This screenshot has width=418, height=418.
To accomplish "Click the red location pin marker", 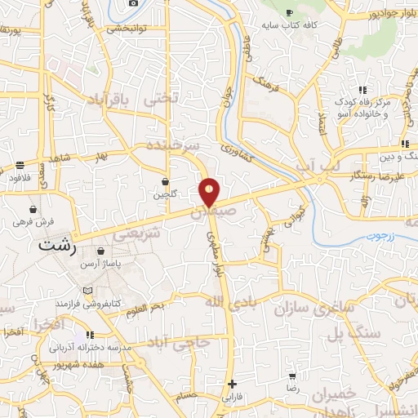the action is point(210,193).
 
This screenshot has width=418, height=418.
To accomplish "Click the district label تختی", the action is point(159,100).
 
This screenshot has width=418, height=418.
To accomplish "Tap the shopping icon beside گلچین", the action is point(166,181).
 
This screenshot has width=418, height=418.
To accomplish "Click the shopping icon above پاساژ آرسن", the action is point(100,251).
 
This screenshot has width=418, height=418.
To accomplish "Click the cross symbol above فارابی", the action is point(232,384).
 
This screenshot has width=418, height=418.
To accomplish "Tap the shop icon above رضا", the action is point(292,376).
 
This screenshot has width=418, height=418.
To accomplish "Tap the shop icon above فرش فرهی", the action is point(33,209).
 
